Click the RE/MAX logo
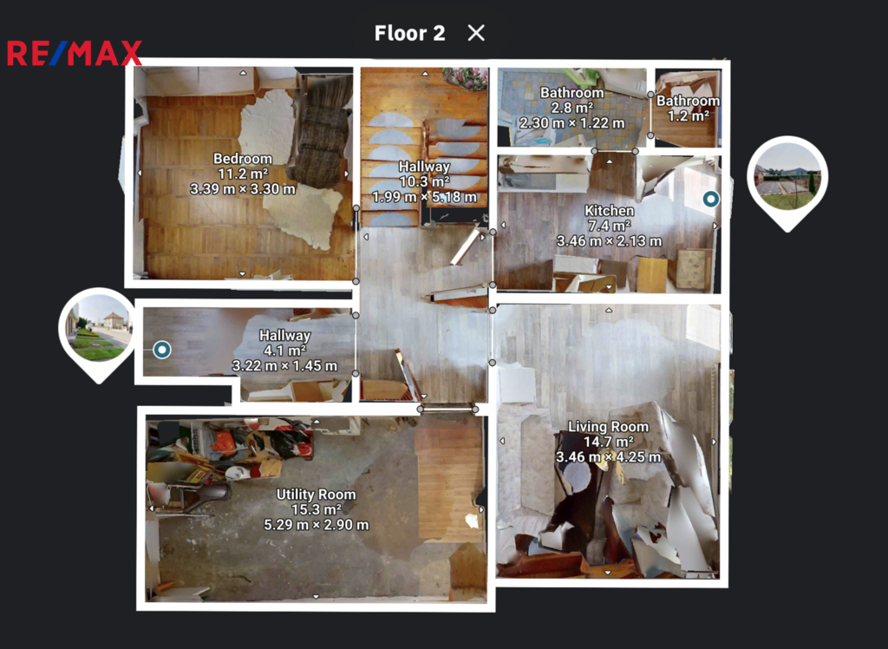click(75, 53)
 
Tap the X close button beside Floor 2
click(476, 33)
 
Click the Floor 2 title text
click(409, 33)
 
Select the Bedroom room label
click(243, 159)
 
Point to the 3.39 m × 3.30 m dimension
click(243, 189)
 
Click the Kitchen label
click(609, 210)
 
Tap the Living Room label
click(608, 426)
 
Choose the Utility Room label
click(316, 495)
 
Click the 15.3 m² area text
click(316, 509)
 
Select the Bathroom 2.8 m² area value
click(572, 107)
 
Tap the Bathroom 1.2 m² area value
click(688, 115)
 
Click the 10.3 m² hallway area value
click(424, 181)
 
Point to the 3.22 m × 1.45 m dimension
click(284, 365)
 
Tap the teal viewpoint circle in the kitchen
click(711, 199)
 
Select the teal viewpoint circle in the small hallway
click(162, 350)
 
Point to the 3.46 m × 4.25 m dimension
click(608, 456)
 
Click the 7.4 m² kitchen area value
click(609, 226)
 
